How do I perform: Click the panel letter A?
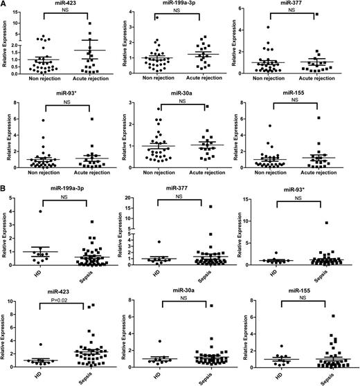click(5, 5)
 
